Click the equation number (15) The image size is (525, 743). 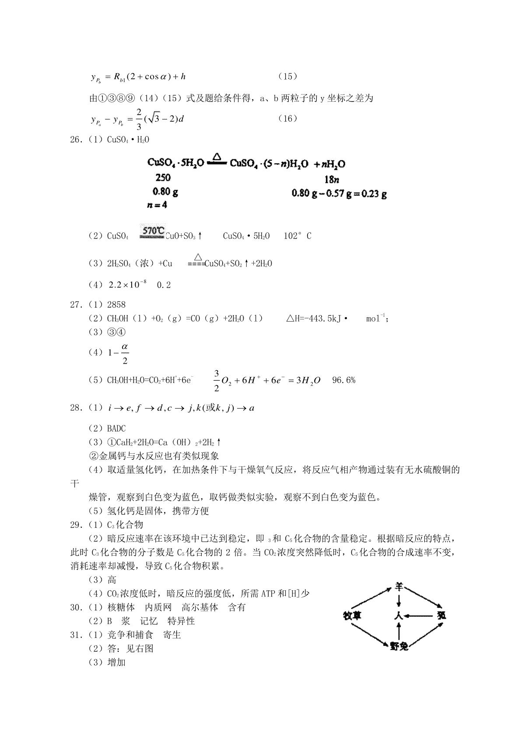287,77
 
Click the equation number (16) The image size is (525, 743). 287,119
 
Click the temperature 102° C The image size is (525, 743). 297,236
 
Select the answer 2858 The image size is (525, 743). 116,305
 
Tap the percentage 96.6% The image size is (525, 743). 344,380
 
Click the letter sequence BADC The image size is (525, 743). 116,428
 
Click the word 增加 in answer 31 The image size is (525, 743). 116,662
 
